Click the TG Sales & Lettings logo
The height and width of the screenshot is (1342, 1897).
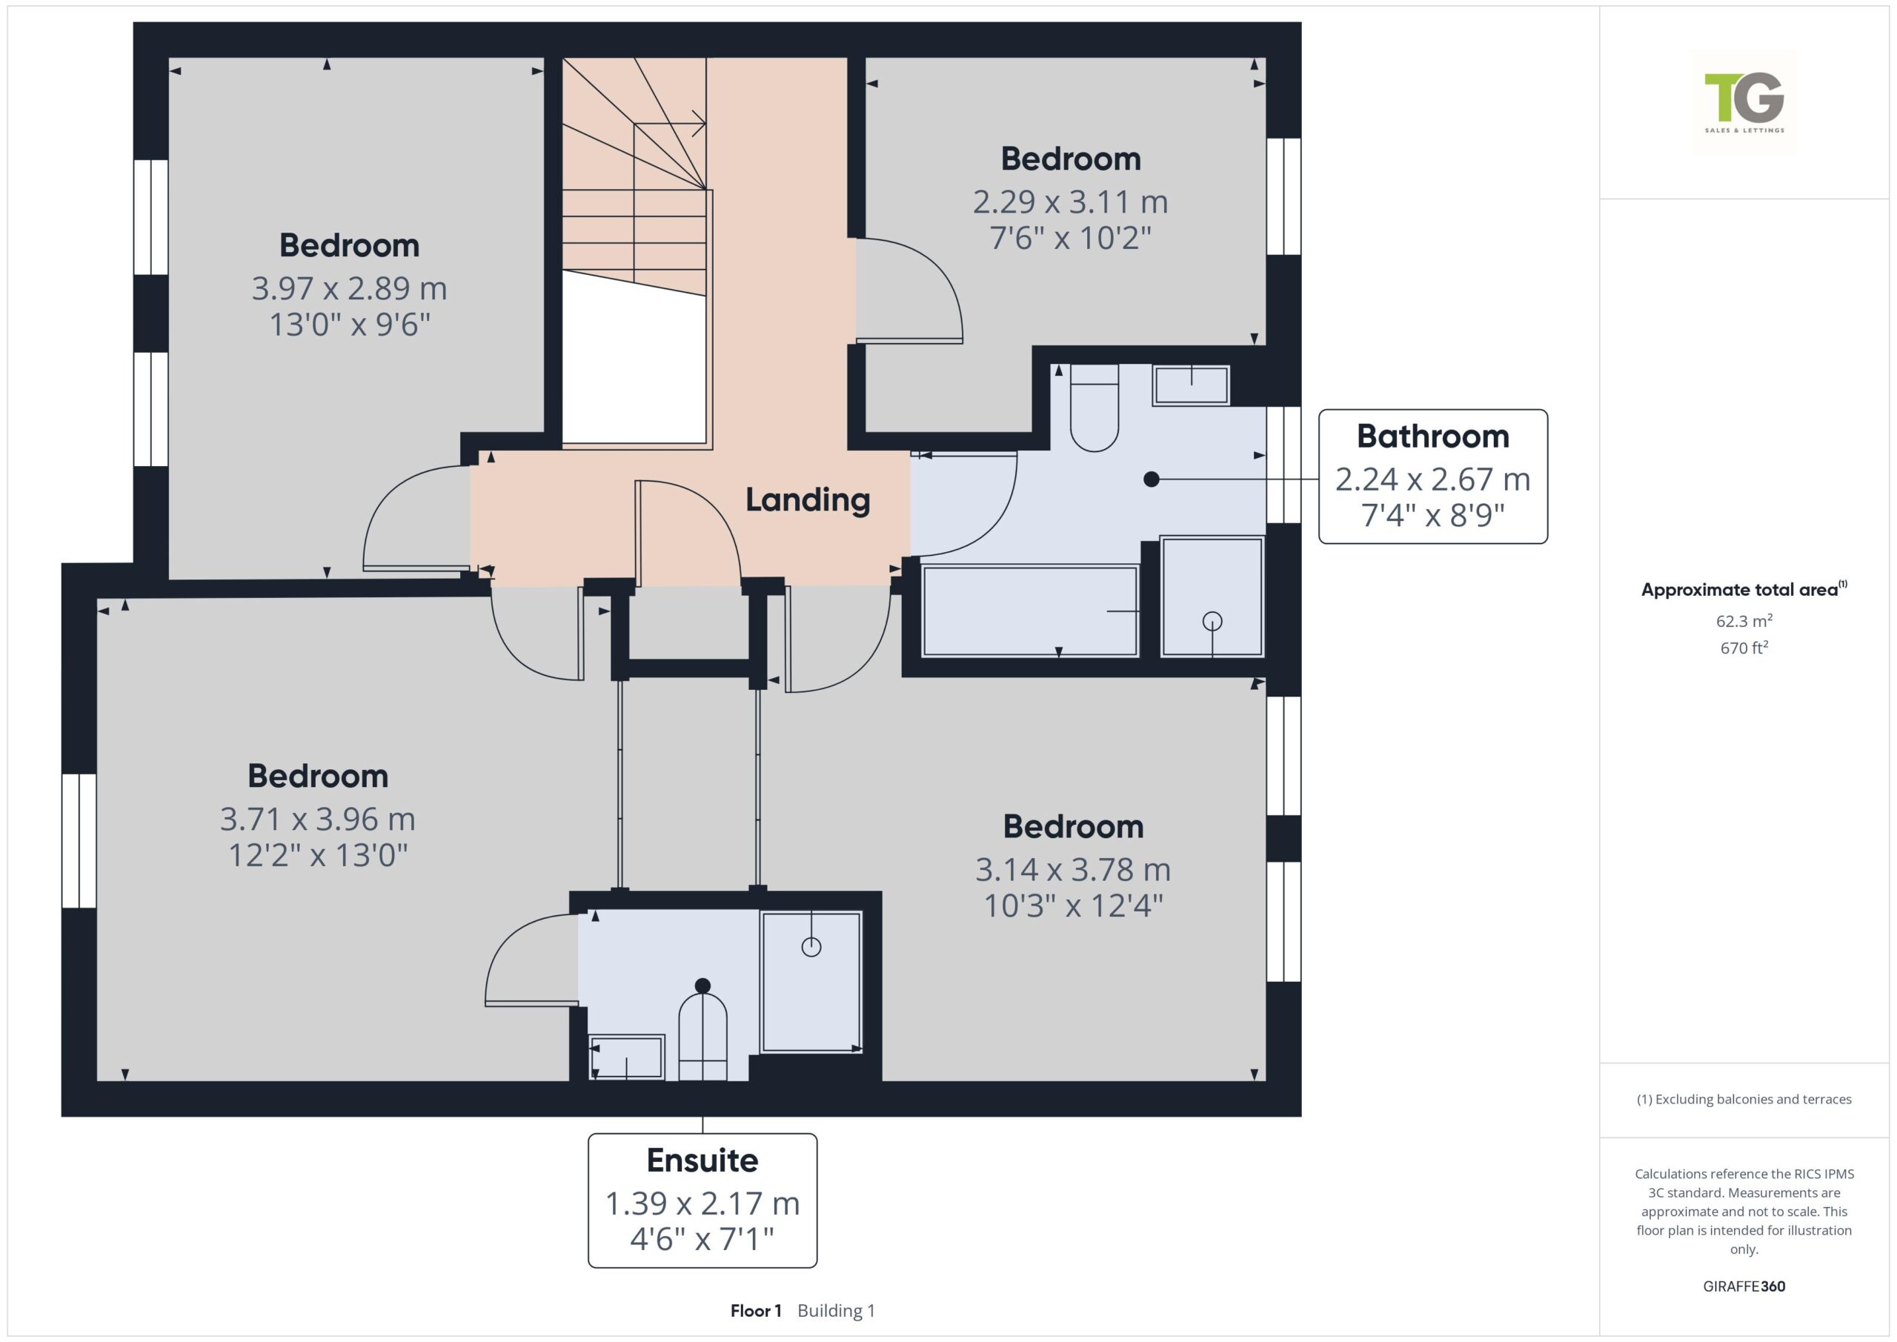(x=1744, y=102)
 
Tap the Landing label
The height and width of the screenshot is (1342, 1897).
(x=807, y=500)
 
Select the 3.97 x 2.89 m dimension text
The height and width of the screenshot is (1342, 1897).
(x=350, y=288)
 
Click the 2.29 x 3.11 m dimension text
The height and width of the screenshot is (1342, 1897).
(x=1070, y=202)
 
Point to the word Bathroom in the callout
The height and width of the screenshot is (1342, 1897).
(x=1432, y=436)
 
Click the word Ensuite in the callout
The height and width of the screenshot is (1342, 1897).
(x=702, y=1160)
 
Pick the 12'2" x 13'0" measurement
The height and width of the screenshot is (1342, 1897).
(x=318, y=855)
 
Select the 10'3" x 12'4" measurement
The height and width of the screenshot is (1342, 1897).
(x=1073, y=906)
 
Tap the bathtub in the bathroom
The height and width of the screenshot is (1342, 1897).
(x=1030, y=611)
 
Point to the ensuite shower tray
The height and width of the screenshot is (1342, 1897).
(x=811, y=981)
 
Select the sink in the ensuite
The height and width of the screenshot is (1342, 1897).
(x=626, y=1057)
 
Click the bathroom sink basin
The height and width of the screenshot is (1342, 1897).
(x=1191, y=385)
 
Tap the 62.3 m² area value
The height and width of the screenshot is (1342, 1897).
(x=1744, y=620)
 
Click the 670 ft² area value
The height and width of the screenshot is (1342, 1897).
(x=1744, y=648)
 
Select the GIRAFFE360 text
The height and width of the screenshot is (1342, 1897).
(x=1744, y=1286)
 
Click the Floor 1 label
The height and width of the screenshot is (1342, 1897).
(x=755, y=1311)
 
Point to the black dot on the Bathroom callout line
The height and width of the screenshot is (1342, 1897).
(x=1151, y=479)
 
